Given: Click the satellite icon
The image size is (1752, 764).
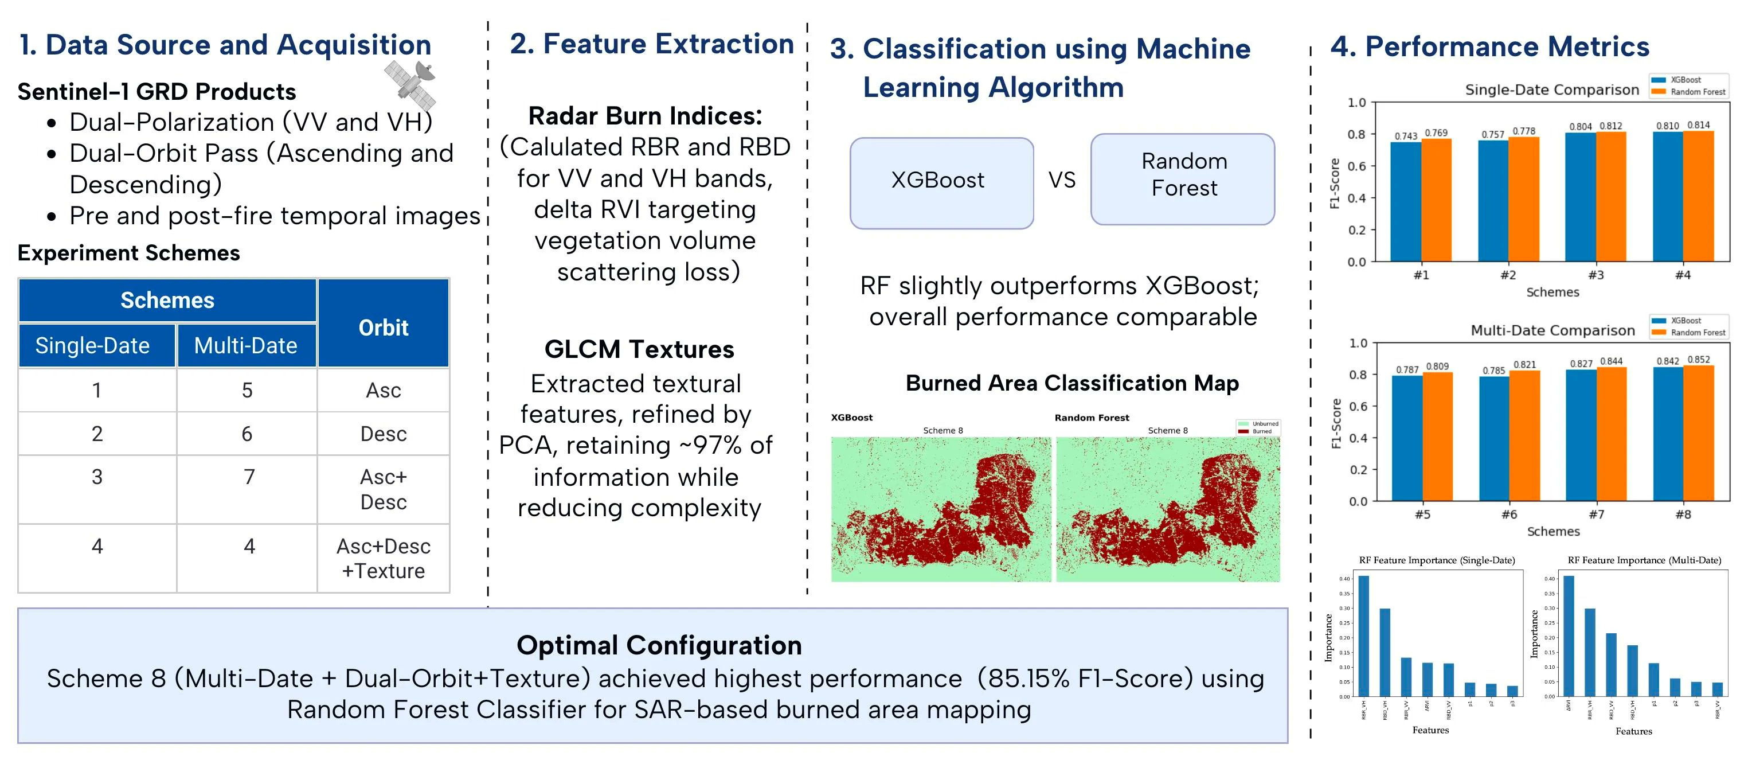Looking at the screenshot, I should [410, 84].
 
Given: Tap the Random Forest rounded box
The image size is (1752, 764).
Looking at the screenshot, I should [1183, 178].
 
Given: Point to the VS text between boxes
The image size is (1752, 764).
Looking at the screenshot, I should [1062, 180].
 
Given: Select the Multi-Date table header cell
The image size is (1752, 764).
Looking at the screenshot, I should [246, 346].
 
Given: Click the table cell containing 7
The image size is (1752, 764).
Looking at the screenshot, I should [249, 477].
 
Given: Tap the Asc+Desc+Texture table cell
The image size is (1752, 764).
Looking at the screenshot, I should [383, 559].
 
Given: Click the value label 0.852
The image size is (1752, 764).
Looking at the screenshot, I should [1698, 360].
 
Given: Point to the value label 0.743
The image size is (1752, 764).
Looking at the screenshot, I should [1406, 136].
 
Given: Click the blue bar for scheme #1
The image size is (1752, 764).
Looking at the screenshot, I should [1406, 201].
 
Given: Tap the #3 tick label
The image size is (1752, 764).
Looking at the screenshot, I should [1595, 275].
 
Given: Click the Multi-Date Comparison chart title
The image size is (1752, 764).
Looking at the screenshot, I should [1552, 330].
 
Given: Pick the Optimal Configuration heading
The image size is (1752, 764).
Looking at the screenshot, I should [659, 645].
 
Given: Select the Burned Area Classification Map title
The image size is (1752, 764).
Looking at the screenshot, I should [1072, 383].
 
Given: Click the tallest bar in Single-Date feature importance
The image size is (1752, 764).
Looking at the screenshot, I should [1364, 636].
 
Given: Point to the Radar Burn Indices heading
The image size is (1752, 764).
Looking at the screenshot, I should [645, 116].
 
